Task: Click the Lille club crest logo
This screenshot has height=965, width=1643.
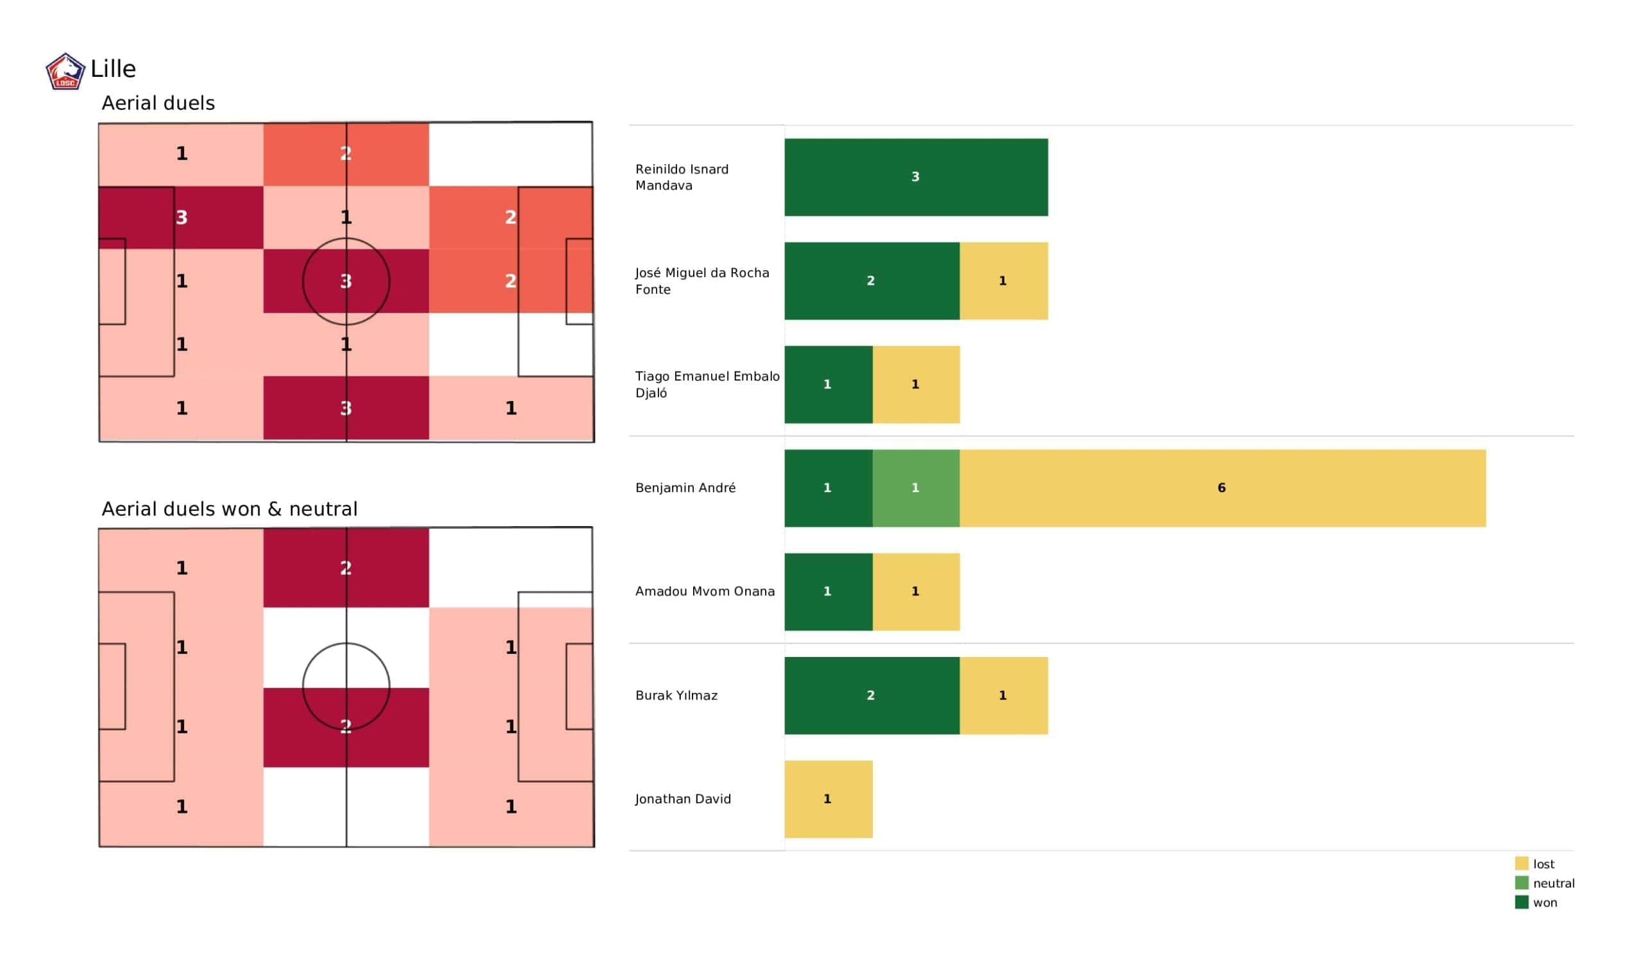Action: tap(65, 71)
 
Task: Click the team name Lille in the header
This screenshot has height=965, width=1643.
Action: tap(113, 69)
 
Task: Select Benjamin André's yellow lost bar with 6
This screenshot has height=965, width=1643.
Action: tap(1222, 488)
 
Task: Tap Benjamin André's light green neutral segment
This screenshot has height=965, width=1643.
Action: tap(915, 488)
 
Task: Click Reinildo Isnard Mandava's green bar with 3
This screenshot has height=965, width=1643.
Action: tap(915, 176)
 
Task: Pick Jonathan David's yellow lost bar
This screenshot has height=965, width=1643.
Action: tap(828, 799)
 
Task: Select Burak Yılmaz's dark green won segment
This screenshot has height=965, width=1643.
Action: tap(871, 695)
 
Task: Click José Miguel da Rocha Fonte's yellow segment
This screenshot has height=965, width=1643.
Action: tap(1003, 280)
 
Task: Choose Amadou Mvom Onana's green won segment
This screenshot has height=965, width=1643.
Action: tap(828, 592)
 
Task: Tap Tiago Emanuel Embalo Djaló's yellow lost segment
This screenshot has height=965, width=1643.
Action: tap(915, 384)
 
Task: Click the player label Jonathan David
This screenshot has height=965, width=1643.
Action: tap(683, 799)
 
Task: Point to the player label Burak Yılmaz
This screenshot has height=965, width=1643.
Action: tap(676, 695)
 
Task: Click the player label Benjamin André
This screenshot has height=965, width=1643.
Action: tap(685, 488)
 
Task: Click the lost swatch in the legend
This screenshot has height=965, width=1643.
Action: tap(1521, 863)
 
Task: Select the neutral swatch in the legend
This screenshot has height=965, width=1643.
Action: tap(1521, 883)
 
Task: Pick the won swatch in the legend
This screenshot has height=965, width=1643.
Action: tap(1521, 902)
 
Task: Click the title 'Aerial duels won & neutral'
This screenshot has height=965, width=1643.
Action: tap(230, 509)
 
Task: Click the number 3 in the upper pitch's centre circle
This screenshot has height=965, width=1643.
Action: tap(345, 281)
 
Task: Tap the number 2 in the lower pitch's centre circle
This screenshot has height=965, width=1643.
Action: tap(345, 726)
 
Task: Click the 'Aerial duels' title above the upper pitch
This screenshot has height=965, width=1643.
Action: tap(158, 103)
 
